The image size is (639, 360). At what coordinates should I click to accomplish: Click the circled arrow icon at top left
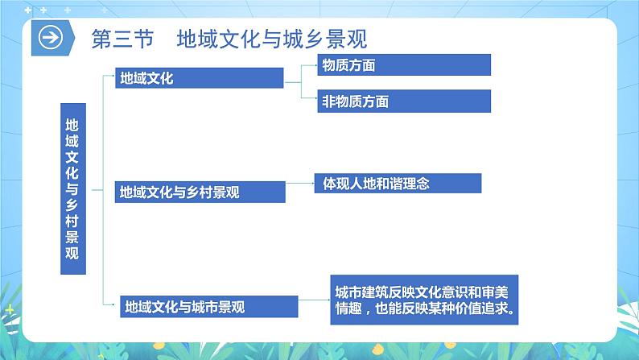[x=51, y=39]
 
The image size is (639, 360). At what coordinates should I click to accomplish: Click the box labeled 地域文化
[x=200, y=78]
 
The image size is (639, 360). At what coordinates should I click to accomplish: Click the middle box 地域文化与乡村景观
[x=200, y=192]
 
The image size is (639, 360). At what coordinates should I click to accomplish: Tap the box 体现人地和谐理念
[x=397, y=184]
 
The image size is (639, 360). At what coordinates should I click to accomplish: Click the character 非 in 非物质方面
[x=328, y=101]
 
